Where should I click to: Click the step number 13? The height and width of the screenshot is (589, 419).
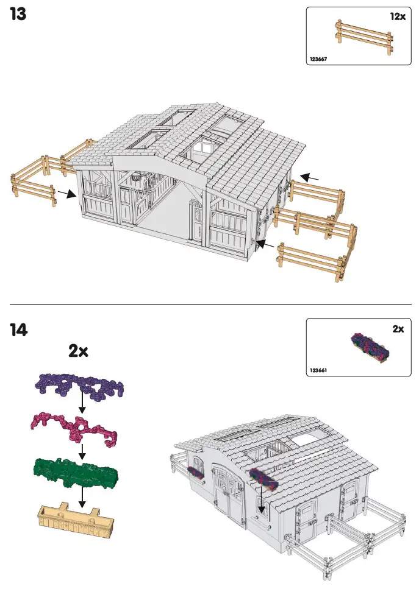(x=18, y=15)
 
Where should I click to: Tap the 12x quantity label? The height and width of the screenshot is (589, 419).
(x=397, y=17)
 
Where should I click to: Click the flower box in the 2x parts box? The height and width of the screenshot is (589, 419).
(x=370, y=348)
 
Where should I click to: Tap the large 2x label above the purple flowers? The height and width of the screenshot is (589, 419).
(x=78, y=351)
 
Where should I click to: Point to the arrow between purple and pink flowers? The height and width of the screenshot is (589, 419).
(x=81, y=404)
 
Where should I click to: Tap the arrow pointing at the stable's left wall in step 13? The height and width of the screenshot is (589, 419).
(x=66, y=194)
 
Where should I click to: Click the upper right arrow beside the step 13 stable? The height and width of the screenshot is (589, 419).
(x=309, y=177)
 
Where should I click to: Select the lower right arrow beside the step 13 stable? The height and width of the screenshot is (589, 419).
(x=264, y=245)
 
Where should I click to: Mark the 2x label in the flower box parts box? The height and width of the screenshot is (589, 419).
(x=398, y=329)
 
